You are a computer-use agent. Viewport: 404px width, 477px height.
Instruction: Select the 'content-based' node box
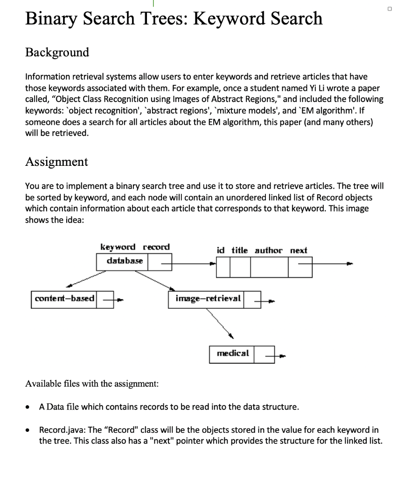[64, 298]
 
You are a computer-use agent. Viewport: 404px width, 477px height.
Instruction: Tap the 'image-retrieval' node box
[208, 298]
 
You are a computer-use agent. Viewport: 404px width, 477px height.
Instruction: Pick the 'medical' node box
[233, 353]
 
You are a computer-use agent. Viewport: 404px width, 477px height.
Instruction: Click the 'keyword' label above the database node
[118, 247]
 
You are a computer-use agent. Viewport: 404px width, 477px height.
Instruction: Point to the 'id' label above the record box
[221, 250]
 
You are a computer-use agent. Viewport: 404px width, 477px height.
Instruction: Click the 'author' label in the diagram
[269, 250]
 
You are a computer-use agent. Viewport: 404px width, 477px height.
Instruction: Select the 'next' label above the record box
[299, 250]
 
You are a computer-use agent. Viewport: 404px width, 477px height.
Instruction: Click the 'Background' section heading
[57, 52]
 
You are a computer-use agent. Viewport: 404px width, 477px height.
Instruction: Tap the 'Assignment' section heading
[56, 162]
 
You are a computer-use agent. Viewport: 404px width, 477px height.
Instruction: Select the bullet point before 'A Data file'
[30, 407]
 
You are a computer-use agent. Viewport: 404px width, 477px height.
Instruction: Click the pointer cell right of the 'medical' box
[264, 354]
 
